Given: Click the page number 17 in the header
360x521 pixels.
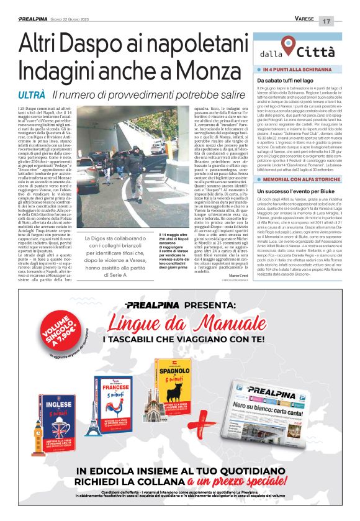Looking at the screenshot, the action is pos(343,20).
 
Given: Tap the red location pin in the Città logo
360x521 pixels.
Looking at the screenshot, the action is pos(287,45).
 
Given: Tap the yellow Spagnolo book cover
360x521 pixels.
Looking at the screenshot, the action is pos(173,385).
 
